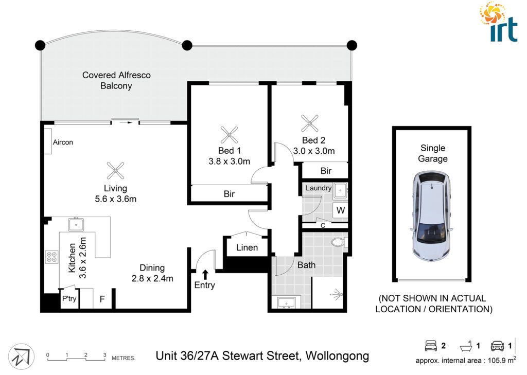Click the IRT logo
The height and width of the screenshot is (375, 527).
[x=498, y=22]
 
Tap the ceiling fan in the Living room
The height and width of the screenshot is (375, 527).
[x=115, y=171]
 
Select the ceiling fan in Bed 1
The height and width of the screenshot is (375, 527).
[x=229, y=135]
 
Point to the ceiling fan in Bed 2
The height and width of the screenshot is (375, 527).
[x=309, y=123]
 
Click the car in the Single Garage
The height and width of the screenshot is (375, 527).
[x=432, y=217]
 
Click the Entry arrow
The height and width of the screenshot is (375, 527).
[x=205, y=274]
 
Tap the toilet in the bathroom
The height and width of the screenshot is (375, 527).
[x=339, y=242]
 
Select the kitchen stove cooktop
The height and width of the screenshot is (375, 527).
[x=52, y=257]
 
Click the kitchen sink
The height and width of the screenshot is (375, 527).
[x=76, y=224]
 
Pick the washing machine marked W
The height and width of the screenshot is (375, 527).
[x=341, y=210]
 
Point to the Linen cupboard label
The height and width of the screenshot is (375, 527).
[x=247, y=247]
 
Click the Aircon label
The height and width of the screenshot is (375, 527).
[x=63, y=142]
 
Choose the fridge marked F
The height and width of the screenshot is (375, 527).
[x=102, y=299]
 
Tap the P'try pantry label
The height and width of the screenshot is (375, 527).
[x=69, y=298]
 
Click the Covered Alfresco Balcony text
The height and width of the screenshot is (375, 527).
[x=116, y=80]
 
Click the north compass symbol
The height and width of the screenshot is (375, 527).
[x=21, y=356]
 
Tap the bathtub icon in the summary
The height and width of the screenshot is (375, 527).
[x=466, y=346]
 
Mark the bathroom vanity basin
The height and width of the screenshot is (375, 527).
[x=286, y=302]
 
